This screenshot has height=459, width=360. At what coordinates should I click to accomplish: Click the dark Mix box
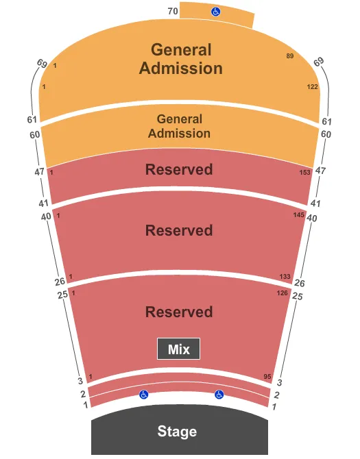179,349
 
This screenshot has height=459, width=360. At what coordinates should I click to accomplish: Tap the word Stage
177,432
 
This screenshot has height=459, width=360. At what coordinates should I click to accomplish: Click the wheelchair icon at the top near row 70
215,12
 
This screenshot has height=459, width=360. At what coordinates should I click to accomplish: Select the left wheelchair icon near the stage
144,395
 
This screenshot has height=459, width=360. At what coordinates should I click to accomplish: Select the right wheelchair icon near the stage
219,395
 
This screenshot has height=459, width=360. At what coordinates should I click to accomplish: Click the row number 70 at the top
173,11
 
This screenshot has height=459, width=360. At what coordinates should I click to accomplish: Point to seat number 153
305,173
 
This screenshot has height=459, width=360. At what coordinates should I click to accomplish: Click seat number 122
312,87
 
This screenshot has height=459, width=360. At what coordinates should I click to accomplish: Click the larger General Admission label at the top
182,59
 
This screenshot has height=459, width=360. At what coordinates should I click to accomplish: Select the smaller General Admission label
179,126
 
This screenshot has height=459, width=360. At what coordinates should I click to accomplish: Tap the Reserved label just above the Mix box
179,312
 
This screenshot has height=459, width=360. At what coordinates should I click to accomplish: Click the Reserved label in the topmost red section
179,169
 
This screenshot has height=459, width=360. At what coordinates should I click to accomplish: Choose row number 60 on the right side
325,134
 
